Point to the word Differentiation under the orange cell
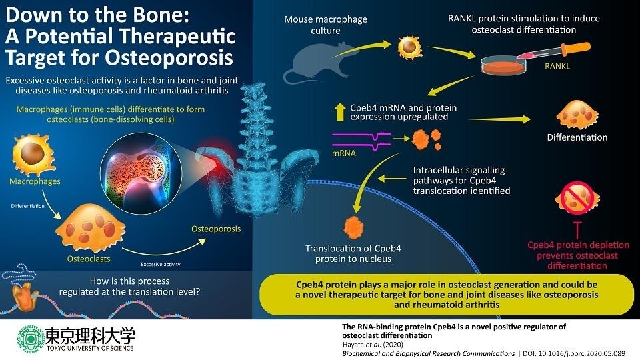577,137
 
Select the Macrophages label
35,181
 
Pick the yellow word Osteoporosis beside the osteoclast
216,229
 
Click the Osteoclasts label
89,258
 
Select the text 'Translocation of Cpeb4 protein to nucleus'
353,253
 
